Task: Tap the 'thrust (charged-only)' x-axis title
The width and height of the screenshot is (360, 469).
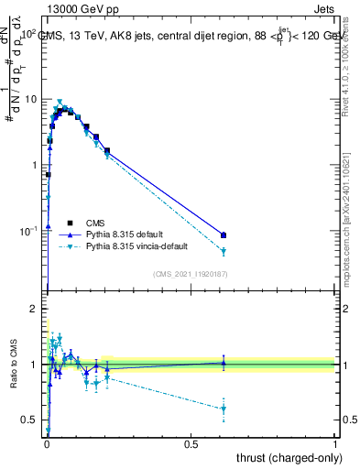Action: click(285, 457)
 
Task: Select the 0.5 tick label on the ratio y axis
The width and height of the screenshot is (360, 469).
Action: click(29, 420)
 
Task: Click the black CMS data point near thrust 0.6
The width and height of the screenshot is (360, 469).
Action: click(224, 235)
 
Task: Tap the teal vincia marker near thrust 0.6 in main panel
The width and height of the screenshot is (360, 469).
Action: click(224, 251)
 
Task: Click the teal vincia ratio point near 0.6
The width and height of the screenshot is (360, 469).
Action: click(224, 409)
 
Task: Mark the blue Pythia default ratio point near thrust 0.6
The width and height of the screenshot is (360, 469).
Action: click(224, 363)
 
